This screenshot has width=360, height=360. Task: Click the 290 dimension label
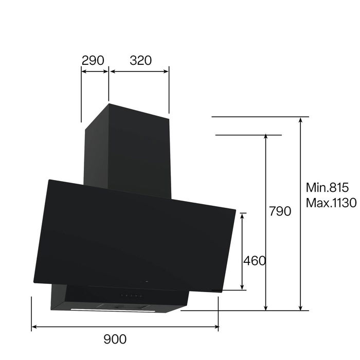click(93, 60)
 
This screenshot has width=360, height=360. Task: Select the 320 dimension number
click(140, 60)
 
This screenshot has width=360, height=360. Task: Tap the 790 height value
click(280, 211)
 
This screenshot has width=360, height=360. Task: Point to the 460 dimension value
click(255, 261)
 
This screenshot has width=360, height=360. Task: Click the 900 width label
click(115, 339)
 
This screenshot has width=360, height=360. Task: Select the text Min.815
click(327, 187)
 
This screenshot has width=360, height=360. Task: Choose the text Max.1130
click(331, 202)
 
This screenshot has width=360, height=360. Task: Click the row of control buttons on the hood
click(131, 296)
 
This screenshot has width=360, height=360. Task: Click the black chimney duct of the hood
click(129, 149)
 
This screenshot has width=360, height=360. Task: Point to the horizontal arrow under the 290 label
click(95, 71)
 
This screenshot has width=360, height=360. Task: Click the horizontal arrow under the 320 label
click(139, 71)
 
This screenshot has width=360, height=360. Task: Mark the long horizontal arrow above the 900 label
click(125, 326)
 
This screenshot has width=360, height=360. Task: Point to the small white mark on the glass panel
click(148, 282)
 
